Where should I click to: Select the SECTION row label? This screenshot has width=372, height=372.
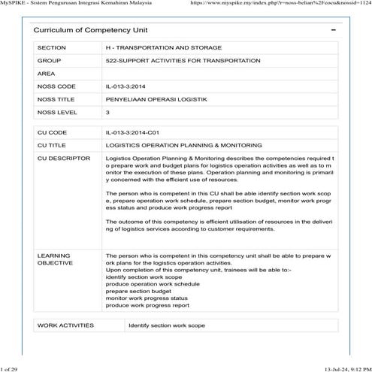click(x=52, y=47)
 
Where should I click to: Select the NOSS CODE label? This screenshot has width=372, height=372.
click(x=56, y=86)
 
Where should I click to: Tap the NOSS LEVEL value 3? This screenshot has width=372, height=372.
click(x=108, y=113)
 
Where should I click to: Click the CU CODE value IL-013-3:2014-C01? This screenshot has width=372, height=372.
click(x=138, y=132)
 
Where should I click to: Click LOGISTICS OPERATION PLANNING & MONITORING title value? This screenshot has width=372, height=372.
click(x=184, y=145)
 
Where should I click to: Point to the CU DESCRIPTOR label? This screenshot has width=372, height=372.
click(x=63, y=159)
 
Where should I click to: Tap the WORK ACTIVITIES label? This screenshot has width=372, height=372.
click(x=65, y=325)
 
